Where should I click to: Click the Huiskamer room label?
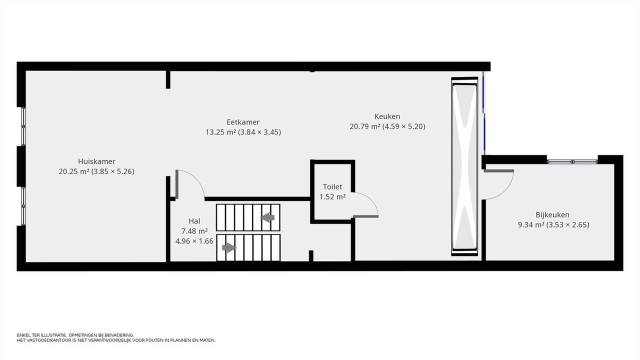tap(96, 161)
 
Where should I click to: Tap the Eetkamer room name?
tap(243, 122)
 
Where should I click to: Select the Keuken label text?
tap(387, 116)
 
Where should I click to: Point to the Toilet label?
tap(332, 186)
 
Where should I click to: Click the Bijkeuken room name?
tap(552, 214)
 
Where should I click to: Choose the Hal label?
tap(194, 221)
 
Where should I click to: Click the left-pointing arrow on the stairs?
tap(267, 217)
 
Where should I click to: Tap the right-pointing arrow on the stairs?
tap(229, 247)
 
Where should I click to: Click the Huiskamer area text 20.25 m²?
tap(74, 171)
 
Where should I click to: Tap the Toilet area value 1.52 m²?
tap(332, 197)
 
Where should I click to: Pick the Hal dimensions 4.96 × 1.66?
tap(194, 241)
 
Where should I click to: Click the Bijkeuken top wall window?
tap(572, 161)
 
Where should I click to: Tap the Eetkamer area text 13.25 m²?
tap(220, 132)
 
